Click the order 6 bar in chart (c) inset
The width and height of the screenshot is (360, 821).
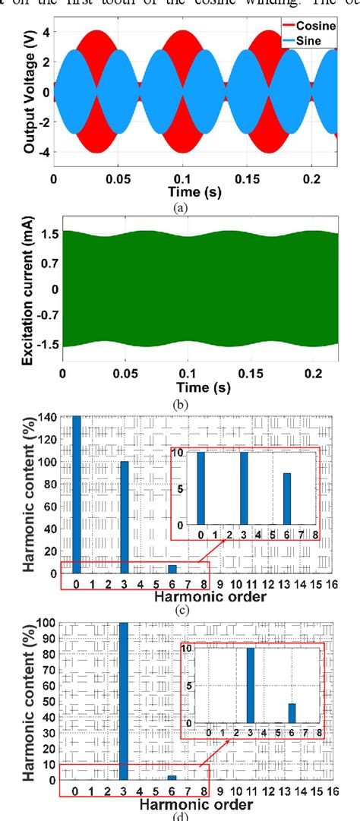[287, 498]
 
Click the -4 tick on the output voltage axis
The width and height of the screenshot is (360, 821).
[44, 152]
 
